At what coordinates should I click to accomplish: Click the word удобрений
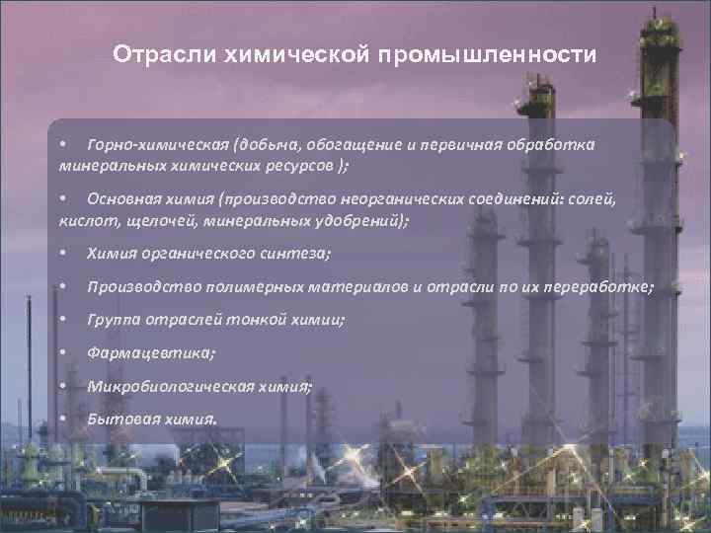(354, 219)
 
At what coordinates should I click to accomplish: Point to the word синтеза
(299, 255)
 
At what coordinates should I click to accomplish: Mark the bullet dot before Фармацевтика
(62, 352)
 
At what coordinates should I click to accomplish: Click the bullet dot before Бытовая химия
(62, 419)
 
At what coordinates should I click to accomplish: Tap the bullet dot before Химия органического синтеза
(62, 255)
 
